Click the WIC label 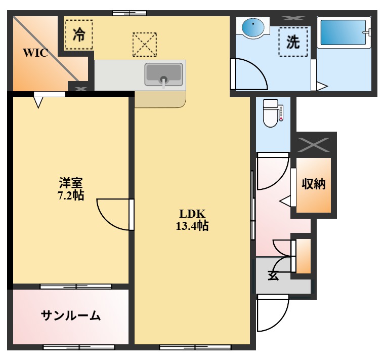point(35,53)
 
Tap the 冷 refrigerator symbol point(79,34)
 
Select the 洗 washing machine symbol point(293,42)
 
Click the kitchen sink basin point(163,74)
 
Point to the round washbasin point(253,27)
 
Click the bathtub point(343,33)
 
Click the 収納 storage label point(314,184)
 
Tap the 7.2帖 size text point(70,194)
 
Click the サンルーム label point(71,316)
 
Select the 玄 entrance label point(273,276)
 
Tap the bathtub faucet point(368,32)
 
